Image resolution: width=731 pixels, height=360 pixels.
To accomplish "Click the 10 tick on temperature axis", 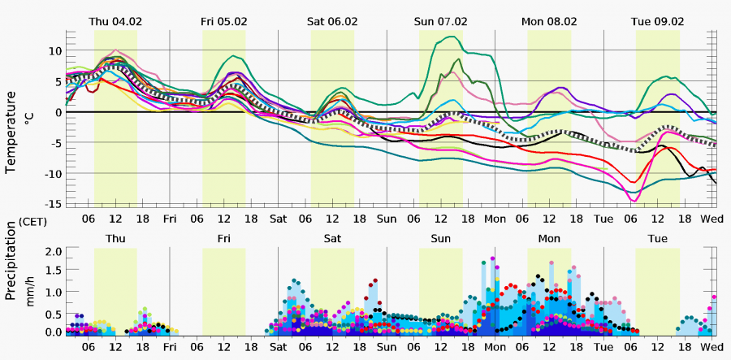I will [54, 50].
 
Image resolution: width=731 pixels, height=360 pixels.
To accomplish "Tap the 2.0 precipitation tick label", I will [54, 251].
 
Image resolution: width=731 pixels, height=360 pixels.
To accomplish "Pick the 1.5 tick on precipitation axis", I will [54, 271].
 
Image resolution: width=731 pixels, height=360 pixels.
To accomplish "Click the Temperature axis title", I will [11, 132].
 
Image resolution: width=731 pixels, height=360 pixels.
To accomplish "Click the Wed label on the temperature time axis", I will [712, 219].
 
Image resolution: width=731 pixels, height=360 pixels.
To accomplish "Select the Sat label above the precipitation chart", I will [332, 239].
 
